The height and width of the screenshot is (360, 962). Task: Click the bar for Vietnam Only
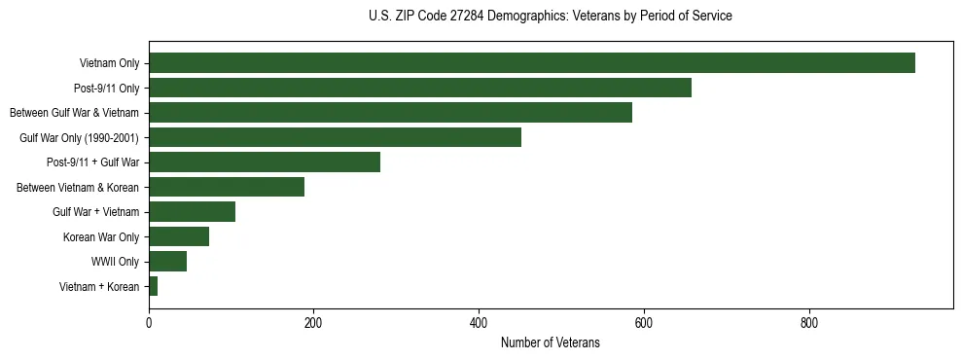[531, 63]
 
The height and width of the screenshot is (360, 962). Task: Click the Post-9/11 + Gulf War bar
[265, 162]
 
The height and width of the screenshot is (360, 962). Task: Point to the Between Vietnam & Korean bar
[227, 187]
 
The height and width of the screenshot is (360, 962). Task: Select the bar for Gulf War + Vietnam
[192, 212]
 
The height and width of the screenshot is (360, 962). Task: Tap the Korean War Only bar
[179, 236]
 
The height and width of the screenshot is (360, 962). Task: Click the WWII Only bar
[167, 262]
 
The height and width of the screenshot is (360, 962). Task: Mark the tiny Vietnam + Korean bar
[153, 286]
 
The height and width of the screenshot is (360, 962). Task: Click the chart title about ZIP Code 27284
[550, 17]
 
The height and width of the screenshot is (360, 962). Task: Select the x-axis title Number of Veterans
[550, 343]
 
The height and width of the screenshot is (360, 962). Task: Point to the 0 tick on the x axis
[149, 324]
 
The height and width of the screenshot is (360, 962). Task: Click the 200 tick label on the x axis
[313, 324]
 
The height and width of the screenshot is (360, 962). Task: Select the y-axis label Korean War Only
[101, 236]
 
